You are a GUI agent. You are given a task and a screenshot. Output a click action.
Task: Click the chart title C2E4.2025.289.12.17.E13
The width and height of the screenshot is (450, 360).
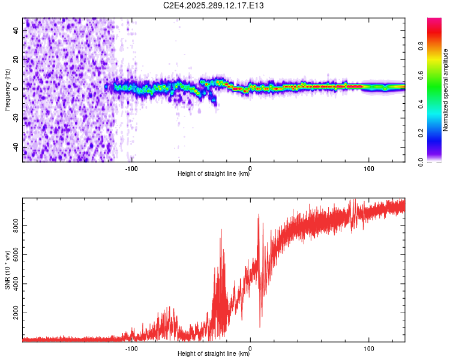[214, 5]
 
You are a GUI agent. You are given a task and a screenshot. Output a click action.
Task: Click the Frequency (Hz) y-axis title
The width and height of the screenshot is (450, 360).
[7, 90]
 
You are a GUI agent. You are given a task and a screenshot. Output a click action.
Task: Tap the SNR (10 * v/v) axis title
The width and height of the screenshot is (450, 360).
[7, 271]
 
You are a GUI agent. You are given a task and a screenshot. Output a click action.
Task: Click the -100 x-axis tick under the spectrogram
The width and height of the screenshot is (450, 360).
[131, 168]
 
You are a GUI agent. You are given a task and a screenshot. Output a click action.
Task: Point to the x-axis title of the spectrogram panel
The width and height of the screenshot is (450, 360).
[214, 175]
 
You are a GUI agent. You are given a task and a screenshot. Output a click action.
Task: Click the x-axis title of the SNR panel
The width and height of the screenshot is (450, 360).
[214, 355]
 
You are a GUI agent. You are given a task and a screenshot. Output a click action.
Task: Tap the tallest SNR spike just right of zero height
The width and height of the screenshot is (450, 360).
[259, 215]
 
